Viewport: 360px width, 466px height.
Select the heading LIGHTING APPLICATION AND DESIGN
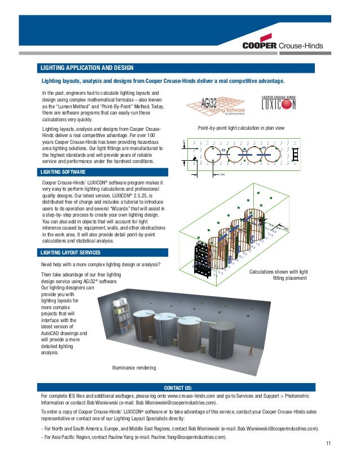[87, 69]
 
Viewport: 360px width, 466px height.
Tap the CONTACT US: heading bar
[178, 388]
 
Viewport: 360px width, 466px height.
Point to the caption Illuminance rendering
[134, 368]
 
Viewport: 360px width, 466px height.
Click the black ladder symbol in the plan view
[293, 152]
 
